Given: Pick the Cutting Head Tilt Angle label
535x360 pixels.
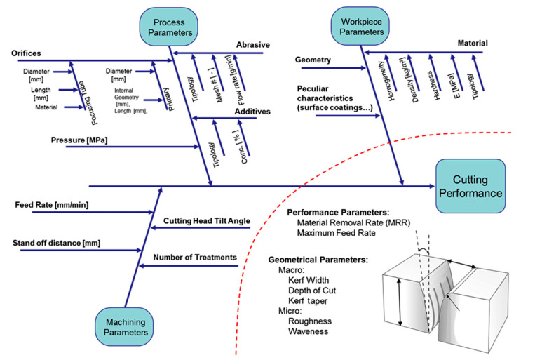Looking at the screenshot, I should point(207,221).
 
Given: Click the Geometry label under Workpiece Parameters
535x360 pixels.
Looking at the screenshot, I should point(313,60).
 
